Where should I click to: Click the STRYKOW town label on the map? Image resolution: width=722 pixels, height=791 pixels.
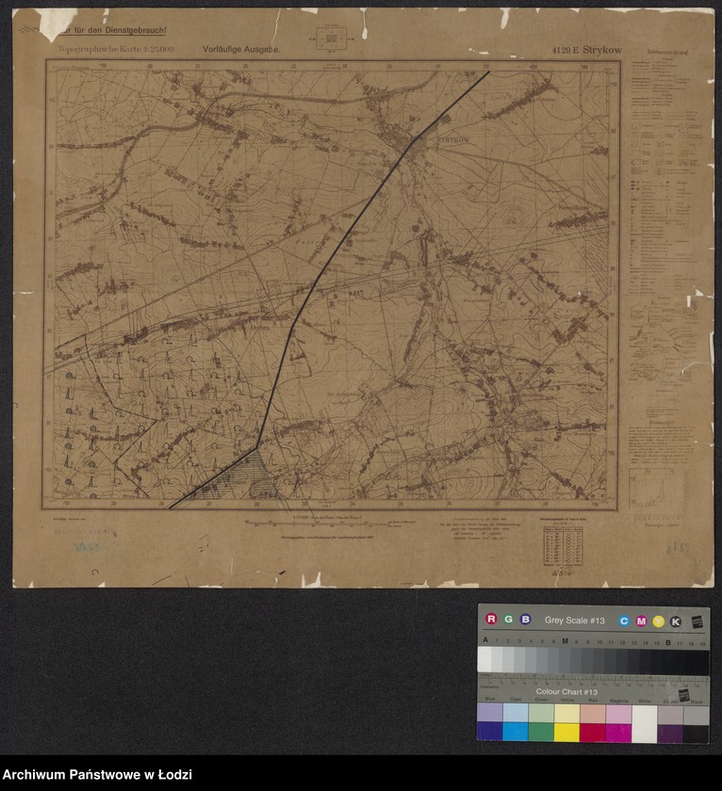[453, 142]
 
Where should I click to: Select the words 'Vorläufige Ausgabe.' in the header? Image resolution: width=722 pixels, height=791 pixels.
[241, 47]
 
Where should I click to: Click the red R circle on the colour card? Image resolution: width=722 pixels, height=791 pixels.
[491, 619]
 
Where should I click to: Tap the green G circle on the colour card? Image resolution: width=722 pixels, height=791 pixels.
[508, 619]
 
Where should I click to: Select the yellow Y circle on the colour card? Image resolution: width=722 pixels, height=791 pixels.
[658, 621]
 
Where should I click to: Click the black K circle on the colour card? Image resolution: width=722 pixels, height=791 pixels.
[675, 621]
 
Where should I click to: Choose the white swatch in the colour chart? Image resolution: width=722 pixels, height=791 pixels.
[644, 723]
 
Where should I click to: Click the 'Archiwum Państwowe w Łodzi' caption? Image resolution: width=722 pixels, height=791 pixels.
[96, 774]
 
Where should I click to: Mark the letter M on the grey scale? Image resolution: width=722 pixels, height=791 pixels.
[565, 640]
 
